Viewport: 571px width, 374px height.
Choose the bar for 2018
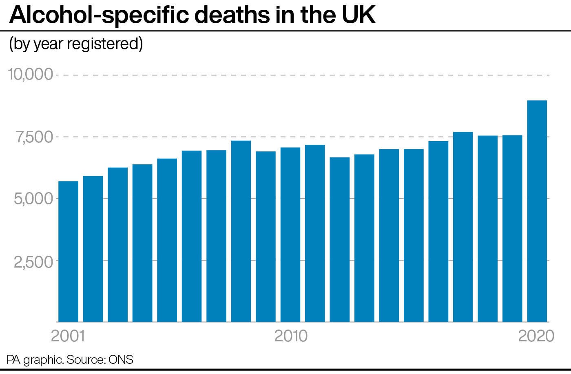pos(487,228)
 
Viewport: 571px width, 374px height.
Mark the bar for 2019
pos(512,228)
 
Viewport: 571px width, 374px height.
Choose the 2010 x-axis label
pos(291,336)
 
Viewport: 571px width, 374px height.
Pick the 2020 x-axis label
pos(536,336)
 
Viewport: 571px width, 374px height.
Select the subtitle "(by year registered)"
pos(76,44)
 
